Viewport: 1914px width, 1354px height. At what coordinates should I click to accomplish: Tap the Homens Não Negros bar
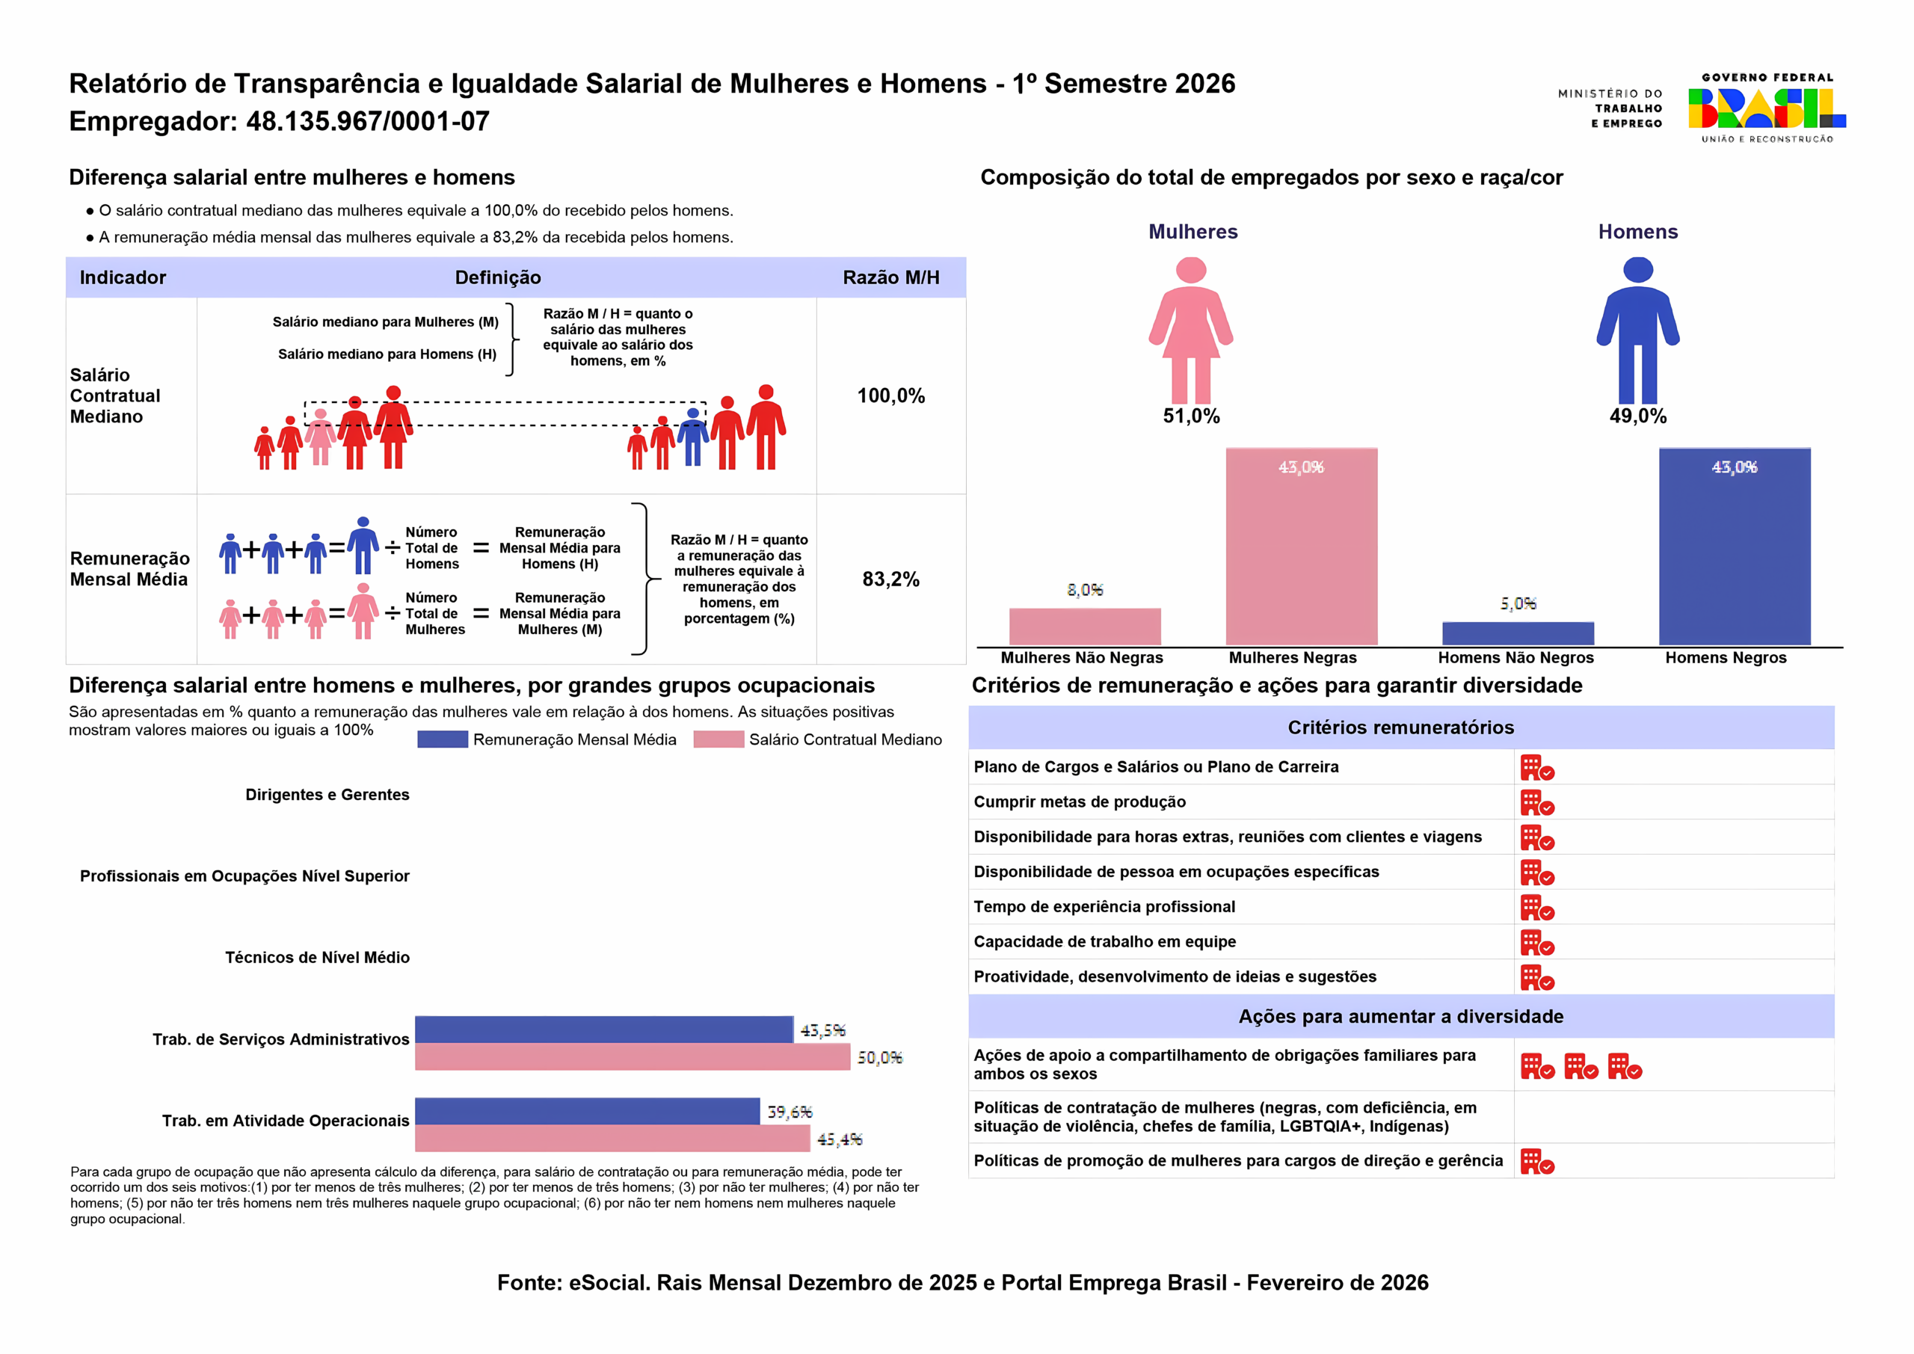(1518, 634)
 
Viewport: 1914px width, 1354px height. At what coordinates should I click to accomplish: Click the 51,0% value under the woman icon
(1191, 416)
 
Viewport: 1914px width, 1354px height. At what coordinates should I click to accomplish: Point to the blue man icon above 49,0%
(1638, 330)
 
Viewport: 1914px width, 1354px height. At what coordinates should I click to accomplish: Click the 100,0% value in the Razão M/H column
(891, 396)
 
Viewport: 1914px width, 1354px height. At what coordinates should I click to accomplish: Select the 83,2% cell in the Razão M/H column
(891, 579)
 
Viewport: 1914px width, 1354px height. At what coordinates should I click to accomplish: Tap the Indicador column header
(123, 277)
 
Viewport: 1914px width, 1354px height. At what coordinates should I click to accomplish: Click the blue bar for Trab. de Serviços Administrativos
(604, 1030)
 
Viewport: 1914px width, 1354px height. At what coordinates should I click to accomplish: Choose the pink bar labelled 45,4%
(613, 1138)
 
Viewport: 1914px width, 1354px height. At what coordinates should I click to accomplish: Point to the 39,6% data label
(790, 1113)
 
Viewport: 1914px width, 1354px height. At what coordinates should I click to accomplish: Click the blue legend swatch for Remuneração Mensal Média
(443, 739)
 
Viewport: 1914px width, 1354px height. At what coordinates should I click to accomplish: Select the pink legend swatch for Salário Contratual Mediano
(718, 739)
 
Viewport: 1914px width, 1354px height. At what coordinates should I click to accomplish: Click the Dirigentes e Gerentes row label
(327, 795)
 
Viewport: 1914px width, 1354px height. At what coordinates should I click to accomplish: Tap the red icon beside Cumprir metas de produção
(1537, 803)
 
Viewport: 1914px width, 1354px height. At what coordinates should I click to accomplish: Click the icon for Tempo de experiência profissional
(1537, 908)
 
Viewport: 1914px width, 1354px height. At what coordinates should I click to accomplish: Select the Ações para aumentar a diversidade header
(1401, 1016)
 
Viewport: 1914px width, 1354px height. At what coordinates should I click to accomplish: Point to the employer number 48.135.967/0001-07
(368, 122)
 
